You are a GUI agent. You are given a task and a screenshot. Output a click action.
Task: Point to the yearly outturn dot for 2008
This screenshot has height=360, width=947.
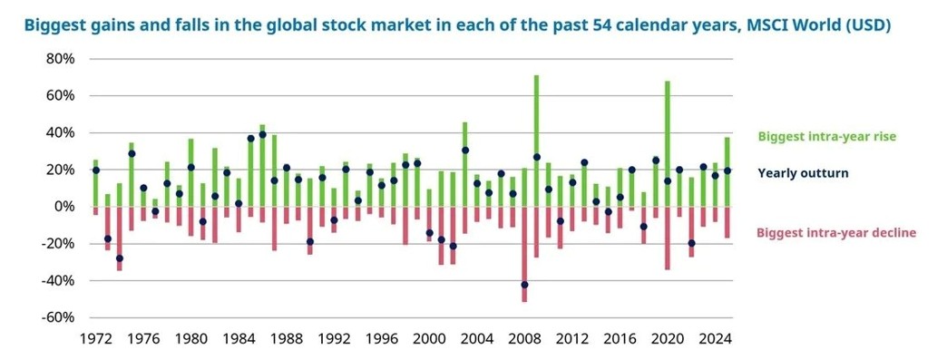pos(524,285)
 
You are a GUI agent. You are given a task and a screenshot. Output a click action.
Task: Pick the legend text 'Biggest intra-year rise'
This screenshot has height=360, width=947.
pos(826,137)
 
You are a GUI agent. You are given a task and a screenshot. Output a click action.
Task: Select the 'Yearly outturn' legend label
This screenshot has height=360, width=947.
pos(803,172)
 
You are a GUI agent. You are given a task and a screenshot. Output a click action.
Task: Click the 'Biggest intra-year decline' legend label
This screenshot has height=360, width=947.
pos(835,233)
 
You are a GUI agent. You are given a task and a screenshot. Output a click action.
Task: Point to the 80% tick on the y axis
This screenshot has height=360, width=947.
pos(58,59)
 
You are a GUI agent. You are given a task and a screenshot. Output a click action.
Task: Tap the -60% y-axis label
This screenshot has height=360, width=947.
pos(56,317)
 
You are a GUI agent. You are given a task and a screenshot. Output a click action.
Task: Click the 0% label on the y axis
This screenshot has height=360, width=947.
pos(63,207)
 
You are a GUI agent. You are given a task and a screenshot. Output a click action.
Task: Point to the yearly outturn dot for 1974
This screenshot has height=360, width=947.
pos(119,258)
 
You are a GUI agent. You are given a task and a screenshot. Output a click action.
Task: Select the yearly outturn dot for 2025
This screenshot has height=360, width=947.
pos(727,170)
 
